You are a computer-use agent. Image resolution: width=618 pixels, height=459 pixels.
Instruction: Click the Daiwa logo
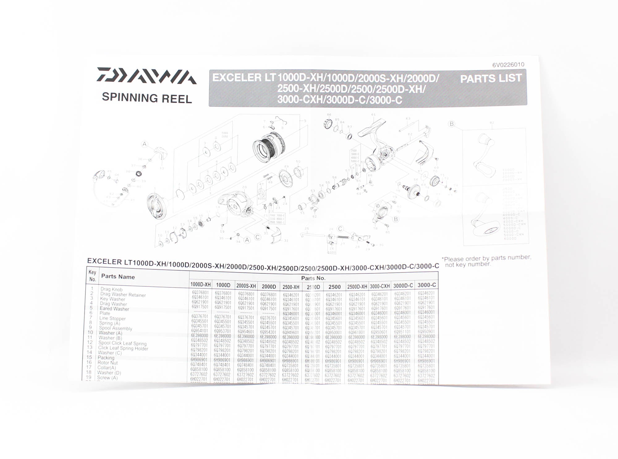point(146,76)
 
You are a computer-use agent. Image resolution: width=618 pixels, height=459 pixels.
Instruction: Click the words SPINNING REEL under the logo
point(147,98)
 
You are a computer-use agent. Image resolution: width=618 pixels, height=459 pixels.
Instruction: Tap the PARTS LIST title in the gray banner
point(491,79)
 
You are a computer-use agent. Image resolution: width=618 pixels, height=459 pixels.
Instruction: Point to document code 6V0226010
point(508,65)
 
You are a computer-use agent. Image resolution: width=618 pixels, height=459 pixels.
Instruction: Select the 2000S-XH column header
point(246,286)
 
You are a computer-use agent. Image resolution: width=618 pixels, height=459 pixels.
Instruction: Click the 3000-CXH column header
point(379,286)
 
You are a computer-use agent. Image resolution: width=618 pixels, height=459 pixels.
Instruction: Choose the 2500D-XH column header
point(357,287)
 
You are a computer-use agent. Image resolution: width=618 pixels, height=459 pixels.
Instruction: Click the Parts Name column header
point(118,277)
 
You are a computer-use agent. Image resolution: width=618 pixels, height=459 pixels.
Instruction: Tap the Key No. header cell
point(92,275)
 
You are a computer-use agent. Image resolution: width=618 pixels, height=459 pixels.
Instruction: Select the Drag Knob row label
point(111,289)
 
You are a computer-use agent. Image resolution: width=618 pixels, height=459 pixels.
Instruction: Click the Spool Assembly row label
point(115,328)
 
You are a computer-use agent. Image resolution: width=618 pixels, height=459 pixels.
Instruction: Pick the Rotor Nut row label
point(107,363)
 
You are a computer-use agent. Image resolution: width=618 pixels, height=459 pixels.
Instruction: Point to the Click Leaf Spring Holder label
point(123,348)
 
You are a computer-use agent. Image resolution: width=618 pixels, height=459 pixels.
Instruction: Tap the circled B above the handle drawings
point(451,124)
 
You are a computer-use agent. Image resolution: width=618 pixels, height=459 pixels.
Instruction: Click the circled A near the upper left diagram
point(144,144)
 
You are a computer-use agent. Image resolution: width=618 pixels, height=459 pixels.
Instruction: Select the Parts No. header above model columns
point(313,278)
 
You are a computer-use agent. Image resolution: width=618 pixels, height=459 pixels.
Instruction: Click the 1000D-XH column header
point(200,284)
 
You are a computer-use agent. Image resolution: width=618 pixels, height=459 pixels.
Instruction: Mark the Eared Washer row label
point(114,309)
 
